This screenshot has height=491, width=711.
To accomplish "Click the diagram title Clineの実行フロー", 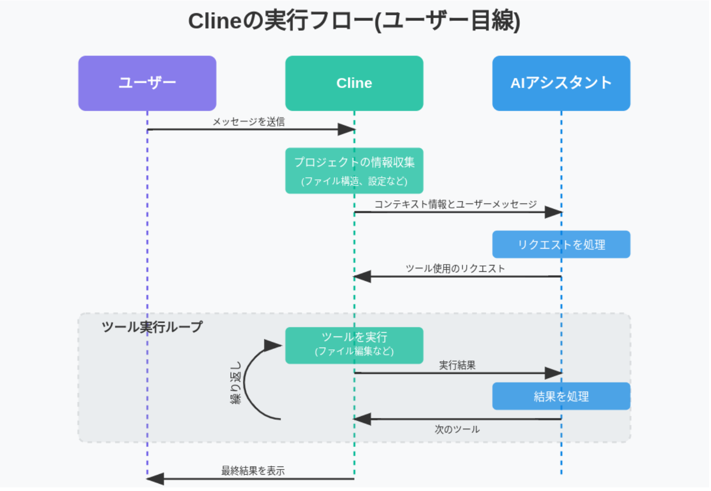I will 354,21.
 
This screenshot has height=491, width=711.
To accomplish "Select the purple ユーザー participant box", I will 147,83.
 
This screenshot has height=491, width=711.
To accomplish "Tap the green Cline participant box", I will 354,83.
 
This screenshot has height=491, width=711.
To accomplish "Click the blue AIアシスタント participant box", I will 561,83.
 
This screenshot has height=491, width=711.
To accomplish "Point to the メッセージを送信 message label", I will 248,122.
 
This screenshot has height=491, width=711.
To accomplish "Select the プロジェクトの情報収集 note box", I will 354,171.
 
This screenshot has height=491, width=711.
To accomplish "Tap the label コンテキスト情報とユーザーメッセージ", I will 455,204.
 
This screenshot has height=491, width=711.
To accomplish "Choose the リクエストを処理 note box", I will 561,245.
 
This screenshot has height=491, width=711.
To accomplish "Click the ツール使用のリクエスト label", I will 455,269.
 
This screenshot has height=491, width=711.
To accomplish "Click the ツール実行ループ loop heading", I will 152,327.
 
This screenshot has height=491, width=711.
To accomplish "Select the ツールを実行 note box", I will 354,345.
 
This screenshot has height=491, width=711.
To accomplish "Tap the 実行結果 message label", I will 457,365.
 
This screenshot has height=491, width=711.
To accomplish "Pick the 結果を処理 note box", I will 561,396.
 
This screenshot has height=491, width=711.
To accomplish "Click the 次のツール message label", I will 457,429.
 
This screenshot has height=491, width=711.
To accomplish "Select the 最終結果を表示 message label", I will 253,471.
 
